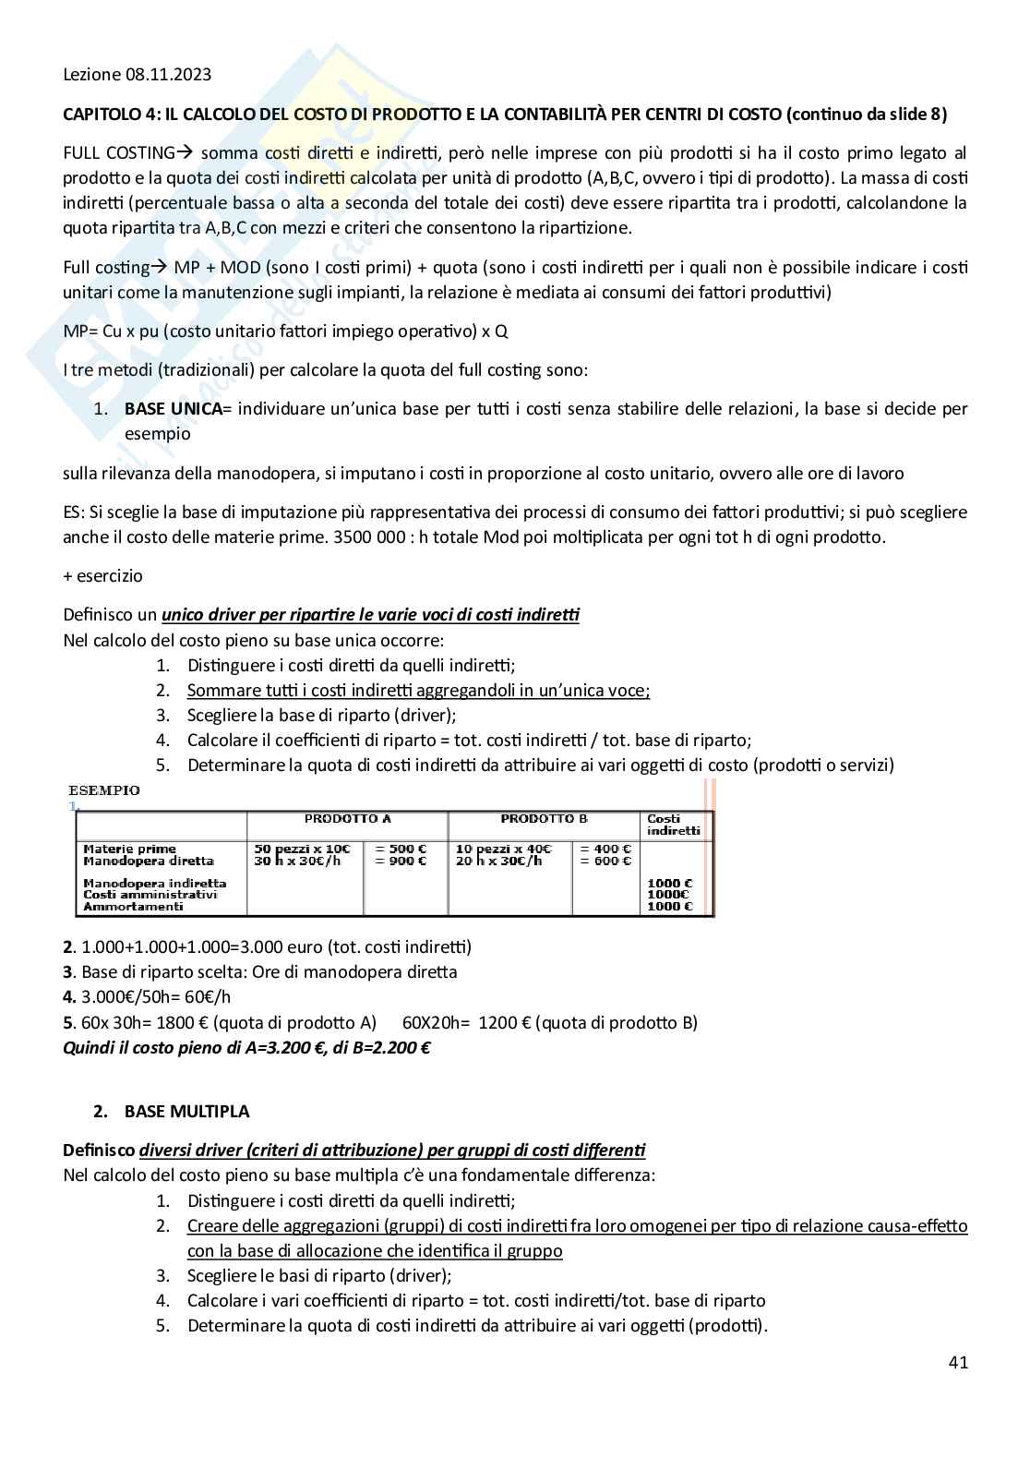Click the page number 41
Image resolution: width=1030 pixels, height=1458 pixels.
coord(957,1362)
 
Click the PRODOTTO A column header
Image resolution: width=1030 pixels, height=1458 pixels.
coord(348,819)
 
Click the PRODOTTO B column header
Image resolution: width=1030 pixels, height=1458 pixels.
coord(544,819)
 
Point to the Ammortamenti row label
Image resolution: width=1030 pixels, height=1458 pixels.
coord(121,907)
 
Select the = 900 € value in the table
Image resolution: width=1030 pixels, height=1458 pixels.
coord(401,861)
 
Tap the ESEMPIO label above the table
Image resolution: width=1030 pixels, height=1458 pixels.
coord(104,790)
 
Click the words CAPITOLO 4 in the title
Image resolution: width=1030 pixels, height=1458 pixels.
coord(107,114)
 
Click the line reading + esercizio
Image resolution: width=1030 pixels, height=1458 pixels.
coord(102,575)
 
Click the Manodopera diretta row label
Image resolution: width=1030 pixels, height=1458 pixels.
coord(135,861)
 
